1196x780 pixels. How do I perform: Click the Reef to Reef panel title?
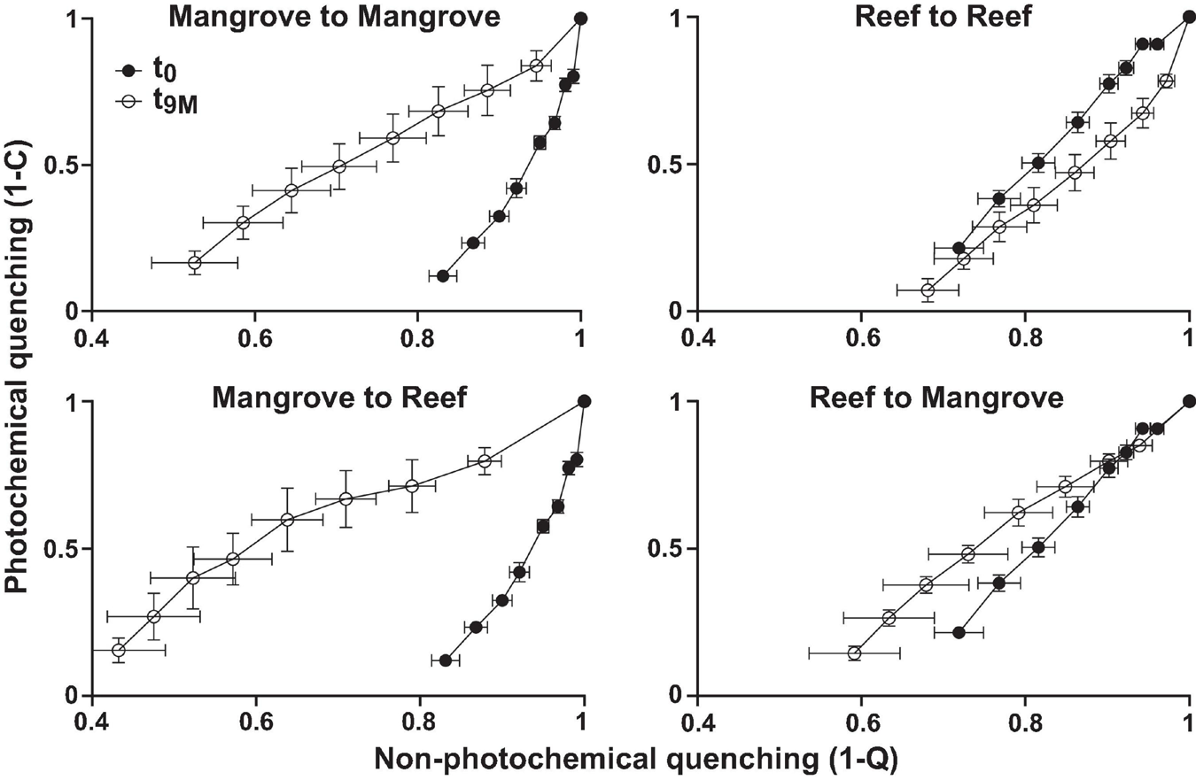pyautogui.click(x=943, y=16)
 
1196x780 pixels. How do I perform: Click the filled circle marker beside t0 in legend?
pyautogui.click(x=129, y=71)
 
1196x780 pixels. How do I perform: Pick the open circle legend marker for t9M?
pyautogui.click(x=129, y=102)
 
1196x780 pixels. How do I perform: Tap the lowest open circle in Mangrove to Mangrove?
pyautogui.click(x=195, y=263)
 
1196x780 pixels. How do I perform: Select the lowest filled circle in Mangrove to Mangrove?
pyautogui.click(x=443, y=276)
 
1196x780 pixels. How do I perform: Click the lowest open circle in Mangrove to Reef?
pyautogui.click(x=119, y=650)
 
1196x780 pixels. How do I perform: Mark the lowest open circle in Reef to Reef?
pyautogui.click(x=928, y=290)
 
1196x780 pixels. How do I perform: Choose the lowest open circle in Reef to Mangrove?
pyautogui.click(x=855, y=653)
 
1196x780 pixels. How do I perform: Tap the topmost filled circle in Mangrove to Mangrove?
pyautogui.click(x=581, y=18)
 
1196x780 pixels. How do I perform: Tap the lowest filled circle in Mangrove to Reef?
pyautogui.click(x=446, y=660)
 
